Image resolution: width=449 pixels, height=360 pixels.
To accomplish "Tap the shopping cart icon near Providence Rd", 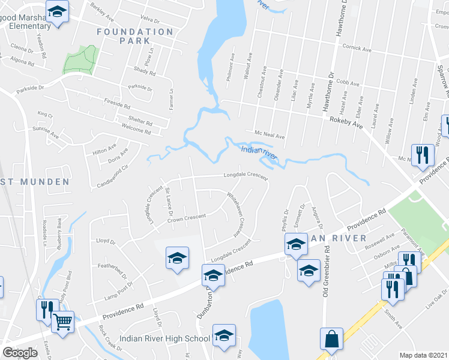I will (x=62, y=321).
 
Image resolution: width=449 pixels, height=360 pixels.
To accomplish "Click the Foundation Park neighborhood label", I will (x=134, y=36).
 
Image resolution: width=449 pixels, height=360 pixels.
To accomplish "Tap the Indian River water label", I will (x=258, y=151).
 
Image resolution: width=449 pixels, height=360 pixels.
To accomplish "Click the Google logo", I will (x=20, y=353).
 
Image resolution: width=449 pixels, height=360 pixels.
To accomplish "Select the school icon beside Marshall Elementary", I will (x=58, y=12).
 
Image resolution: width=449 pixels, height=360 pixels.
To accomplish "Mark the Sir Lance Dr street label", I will (x=169, y=202).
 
